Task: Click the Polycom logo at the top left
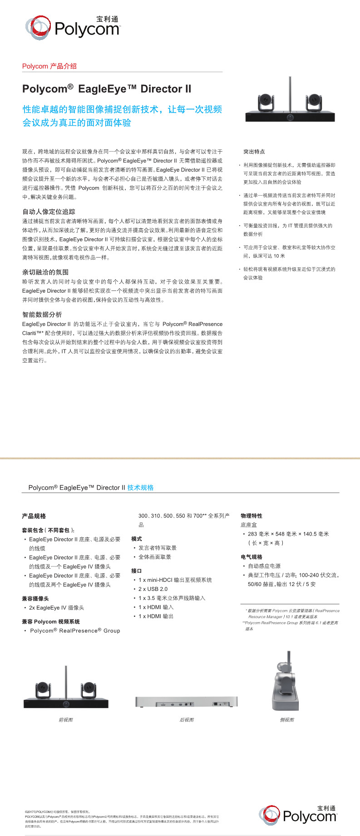(73, 27)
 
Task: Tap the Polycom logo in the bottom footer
(298, 815)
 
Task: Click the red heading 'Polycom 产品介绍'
(49, 66)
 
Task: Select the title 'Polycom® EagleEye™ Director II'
(107, 89)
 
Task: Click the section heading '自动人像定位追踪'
(49, 211)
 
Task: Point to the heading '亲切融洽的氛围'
(45, 272)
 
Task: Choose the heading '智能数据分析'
(42, 315)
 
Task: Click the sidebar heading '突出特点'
(254, 152)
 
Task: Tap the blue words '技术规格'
(140, 487)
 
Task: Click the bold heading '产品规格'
(34, 516)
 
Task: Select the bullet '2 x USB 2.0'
(153, 589)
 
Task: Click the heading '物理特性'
(252, 516)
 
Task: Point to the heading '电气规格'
(252, 557)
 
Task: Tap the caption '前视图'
(66, 720)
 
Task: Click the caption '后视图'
(187, 720)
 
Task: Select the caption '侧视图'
(287, 720)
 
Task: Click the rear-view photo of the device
(187, 702)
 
